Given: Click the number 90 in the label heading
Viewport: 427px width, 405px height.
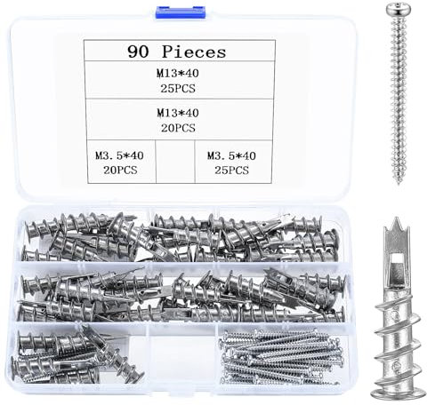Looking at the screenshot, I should (x=141, y=52).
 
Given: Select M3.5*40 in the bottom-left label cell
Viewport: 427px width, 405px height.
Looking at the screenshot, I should (x=118, y=155).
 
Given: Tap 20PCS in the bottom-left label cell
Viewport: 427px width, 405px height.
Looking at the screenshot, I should (x=118, y=169).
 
